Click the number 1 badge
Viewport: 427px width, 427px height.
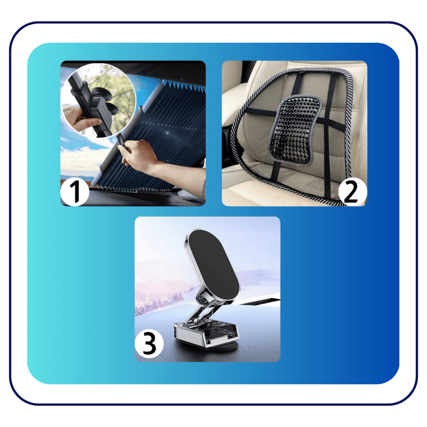coord(75,192)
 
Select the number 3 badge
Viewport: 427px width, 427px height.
coord(149,344)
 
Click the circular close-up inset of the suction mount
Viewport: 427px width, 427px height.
coord(98,100)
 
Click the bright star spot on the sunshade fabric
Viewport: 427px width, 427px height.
coord(167,133)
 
